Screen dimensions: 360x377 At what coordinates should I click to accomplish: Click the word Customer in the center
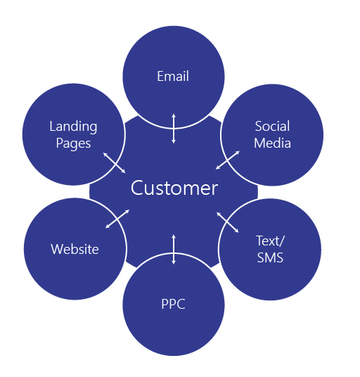[x=174, y=188]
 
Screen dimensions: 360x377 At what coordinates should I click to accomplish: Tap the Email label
[x=173, y=76]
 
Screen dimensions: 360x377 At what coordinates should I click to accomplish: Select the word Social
[x=272, y=126]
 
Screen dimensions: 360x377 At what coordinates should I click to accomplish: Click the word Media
[x=272, y=143]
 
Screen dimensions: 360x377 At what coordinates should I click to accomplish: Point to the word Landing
[x=73, y=127]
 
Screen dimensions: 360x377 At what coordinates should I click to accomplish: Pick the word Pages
[x=73, y=144]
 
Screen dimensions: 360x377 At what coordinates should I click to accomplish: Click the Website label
[x=75, y=249]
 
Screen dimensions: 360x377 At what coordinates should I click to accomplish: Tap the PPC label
[x=173, y=304]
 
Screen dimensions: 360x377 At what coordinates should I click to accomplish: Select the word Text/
[x=270, y=241]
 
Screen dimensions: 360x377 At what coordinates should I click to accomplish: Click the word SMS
[x=270, y=257]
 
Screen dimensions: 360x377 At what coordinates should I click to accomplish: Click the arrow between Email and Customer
[x=174, y=129]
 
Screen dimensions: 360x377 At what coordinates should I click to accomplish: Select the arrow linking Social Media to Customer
[x=228, y=160]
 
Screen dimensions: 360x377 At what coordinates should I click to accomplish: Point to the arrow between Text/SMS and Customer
[x=228, y=222]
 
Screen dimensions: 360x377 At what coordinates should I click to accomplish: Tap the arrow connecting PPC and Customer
[x=174, y=250]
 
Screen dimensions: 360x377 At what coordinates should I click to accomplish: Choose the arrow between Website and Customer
[x=117, y=219]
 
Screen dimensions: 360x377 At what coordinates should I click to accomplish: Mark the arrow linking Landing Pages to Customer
[x=115, y=162]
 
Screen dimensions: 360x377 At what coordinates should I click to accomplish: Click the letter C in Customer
[x=136, y=188]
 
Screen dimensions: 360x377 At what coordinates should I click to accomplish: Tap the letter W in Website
[x=57, y=249]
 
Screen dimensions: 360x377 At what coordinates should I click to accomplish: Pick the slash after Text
[x=282, y=241]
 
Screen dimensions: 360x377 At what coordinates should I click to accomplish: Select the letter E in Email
[x=160, y=76]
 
